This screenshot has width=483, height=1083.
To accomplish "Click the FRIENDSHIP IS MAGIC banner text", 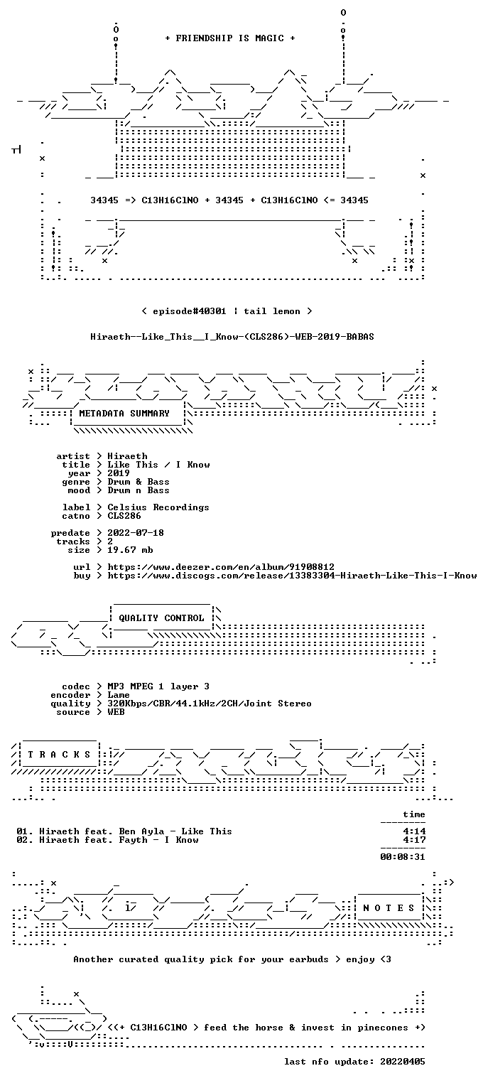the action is (x=229, y=38).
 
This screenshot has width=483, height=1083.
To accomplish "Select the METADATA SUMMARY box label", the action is (x=124, y=414).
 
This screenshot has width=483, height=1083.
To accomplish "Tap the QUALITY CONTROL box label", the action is (x=161, y=618).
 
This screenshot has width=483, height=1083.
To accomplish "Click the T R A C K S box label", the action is (x=60, y=754).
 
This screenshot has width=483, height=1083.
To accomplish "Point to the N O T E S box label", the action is (x=389, y=907).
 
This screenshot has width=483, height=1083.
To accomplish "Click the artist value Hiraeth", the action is (x=127, y=456).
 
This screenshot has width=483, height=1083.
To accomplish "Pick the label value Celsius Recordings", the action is (x=158, y=507).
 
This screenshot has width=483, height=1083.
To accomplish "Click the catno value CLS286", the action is (x=124, y=516).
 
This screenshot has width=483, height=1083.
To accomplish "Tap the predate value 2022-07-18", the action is (x=136, y=533).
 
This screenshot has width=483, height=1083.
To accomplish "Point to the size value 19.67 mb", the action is (x=130, y=550).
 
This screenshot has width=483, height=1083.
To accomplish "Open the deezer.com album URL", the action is (x=220, y=566).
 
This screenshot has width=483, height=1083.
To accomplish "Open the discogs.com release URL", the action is (x=292, y=576).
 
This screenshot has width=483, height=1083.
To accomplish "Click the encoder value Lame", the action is (x=119, y=695).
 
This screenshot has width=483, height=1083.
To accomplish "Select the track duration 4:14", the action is (x=414, y=831).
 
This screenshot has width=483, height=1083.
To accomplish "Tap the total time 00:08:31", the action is (x=403, y=857).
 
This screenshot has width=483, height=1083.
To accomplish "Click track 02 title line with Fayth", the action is (x=107, y=840).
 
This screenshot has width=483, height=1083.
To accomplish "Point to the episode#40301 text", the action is (x=190, y=311).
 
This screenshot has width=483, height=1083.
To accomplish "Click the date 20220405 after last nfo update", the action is (x=403, y=1061).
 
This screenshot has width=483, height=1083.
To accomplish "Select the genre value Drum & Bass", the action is (x=139, y=482).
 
